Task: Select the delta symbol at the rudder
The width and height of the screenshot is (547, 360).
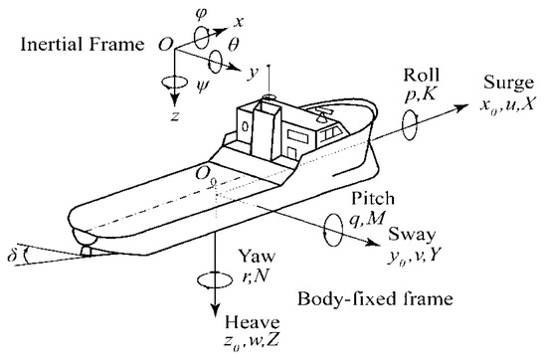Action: (x=12, y=238)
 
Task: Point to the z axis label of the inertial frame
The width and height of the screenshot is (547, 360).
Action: (x=174, y=114)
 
